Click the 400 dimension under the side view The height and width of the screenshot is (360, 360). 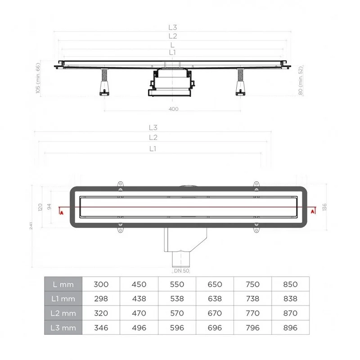coord(174,109)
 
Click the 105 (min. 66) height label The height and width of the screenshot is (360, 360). coord(38,77)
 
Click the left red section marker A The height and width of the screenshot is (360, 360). coord(61,212)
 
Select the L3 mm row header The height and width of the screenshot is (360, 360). coord(63,328)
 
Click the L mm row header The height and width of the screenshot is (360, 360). coord(63,284)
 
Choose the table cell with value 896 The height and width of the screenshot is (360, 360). coord(291,328)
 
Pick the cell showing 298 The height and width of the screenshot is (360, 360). coord(101,299)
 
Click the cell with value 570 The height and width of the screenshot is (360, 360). coord(177,313)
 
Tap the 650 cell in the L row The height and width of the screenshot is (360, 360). coord(215,284)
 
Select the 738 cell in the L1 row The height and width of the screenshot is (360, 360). coord(253,299)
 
